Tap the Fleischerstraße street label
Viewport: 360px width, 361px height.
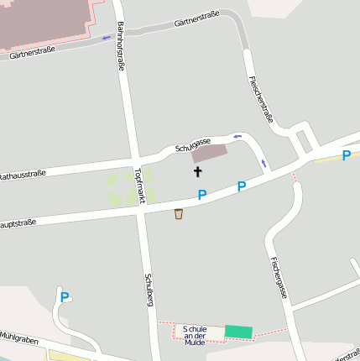261,99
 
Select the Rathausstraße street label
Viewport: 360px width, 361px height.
21,175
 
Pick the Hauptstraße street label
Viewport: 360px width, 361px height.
17,223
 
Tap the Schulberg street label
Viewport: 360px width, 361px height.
149,289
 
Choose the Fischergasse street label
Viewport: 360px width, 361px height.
279,277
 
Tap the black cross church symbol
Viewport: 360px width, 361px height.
198,171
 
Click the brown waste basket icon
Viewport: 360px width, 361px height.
179,214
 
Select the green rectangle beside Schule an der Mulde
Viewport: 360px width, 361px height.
237,332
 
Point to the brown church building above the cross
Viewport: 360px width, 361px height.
209,154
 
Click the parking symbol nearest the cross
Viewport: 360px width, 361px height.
202,195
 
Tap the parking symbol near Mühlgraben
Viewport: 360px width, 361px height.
65,296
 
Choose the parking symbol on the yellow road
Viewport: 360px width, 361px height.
347,155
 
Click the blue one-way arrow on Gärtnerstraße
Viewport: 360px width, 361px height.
107,38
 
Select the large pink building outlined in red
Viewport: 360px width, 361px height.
46,21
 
